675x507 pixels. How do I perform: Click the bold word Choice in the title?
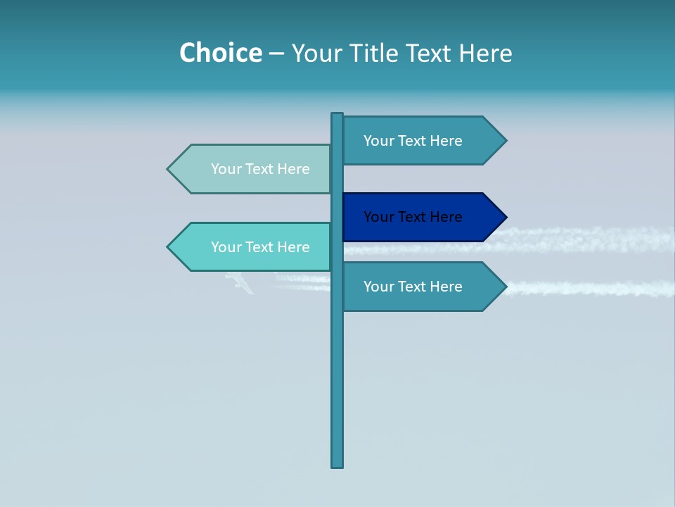point(221,53)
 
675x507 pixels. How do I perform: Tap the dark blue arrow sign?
point(422,217)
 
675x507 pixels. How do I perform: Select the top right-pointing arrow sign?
point(422,141)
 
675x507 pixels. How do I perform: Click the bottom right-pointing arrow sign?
point(422,287)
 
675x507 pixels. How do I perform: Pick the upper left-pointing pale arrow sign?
point(253,169)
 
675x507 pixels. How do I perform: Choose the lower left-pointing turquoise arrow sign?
point(253,247)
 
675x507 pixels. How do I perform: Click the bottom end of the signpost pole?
point(337,465)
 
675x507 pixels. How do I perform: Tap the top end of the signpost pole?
point(337,115)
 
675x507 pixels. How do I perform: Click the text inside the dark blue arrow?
point(413,217)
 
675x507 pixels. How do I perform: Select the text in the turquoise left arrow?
point(260,247)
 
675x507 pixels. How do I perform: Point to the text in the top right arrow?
point(413,141)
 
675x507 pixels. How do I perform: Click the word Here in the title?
point(485,53)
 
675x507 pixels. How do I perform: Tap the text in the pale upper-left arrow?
point(260,169)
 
